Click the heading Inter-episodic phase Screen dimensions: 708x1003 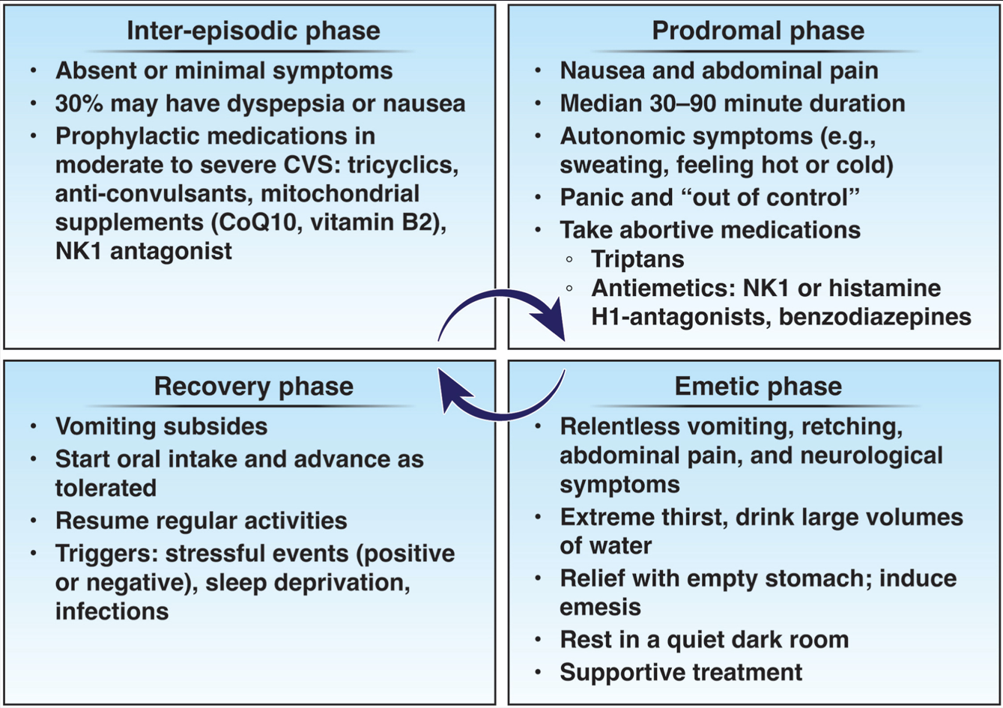(x=252, y=31)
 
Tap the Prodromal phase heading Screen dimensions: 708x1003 (x=757, y=31)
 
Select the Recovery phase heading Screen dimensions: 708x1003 (x=253, y=386)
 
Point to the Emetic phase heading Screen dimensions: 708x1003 (x=757, y=386)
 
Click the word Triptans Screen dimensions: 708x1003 (x=637, y=259)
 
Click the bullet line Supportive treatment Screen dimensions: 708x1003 (x=681, y=672)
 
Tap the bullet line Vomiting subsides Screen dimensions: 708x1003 (x=161, y=426)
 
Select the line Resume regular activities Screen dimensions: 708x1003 (x=201, y=521)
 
